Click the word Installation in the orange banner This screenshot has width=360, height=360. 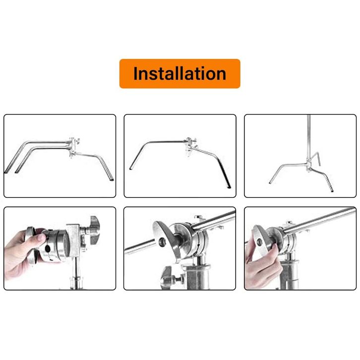click(180, 73)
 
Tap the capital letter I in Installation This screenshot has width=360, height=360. click(135, 73)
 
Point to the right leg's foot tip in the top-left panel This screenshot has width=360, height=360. click(112, 180)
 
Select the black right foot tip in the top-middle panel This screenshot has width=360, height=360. click(229, 187)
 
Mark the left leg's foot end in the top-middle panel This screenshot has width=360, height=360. click(130, 169)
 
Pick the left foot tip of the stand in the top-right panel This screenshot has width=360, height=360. click(270, 183)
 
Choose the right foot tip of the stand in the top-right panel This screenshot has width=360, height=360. click(332, 190)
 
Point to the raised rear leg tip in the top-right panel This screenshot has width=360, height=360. click(319, 165)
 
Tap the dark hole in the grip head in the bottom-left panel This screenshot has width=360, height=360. click(48, 248)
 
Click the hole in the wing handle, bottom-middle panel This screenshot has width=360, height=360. click(162, 241)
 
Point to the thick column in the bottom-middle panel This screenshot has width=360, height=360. click(197, 276)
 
